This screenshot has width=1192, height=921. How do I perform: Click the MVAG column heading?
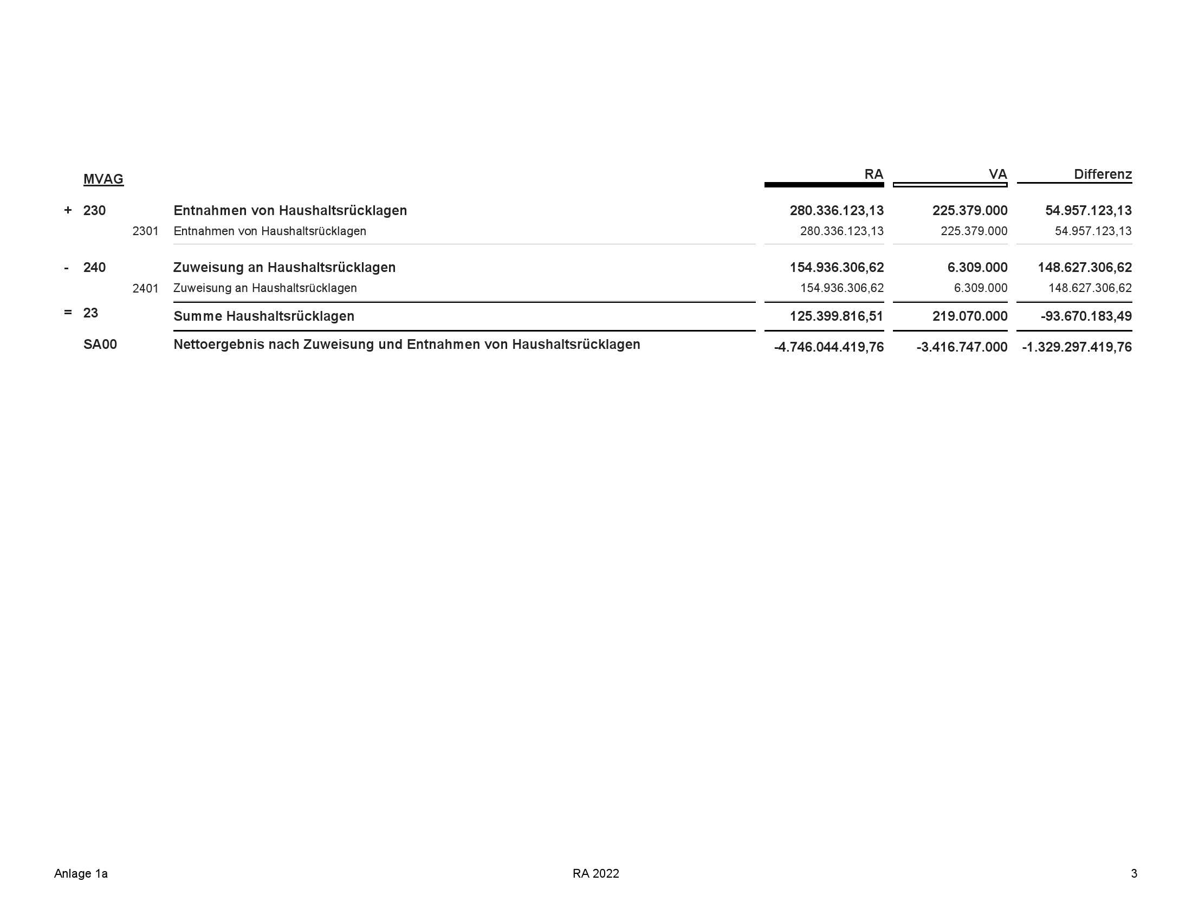(x=103, y=179)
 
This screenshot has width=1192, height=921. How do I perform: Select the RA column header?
(x=873, y=174)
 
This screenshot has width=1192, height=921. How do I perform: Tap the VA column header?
(x=997, y=174)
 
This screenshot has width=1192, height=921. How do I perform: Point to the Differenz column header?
(x=1103, y=174)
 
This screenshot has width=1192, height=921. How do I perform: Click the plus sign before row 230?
(x=68, y=210)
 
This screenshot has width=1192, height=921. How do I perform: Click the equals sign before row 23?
(x=68, y=313)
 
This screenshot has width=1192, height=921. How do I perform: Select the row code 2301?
(x=145, y=231)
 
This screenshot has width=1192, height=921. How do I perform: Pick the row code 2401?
(x=145, y=288)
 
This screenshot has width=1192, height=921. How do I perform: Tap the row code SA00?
(x=100, y=345)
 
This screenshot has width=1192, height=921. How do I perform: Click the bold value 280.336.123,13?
(x=836, y=211)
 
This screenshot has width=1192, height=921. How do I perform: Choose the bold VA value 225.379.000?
(x=969, y=211)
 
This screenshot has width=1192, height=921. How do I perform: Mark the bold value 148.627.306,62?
(x=1085, y=267)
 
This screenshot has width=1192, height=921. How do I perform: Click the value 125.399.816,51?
(x=836, y=316)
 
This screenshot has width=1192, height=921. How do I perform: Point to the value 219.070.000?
(x=969, y=316)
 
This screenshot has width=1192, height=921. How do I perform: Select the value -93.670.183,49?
(x=1086, y=316)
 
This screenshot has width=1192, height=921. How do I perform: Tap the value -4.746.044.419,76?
(x=828, y=347)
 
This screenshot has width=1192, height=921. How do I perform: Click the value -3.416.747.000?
(x=962, y=347)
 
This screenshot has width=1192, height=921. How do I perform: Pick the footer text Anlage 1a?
(x=81, y=873)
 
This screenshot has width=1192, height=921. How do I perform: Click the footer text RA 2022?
(x=595, y=873)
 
